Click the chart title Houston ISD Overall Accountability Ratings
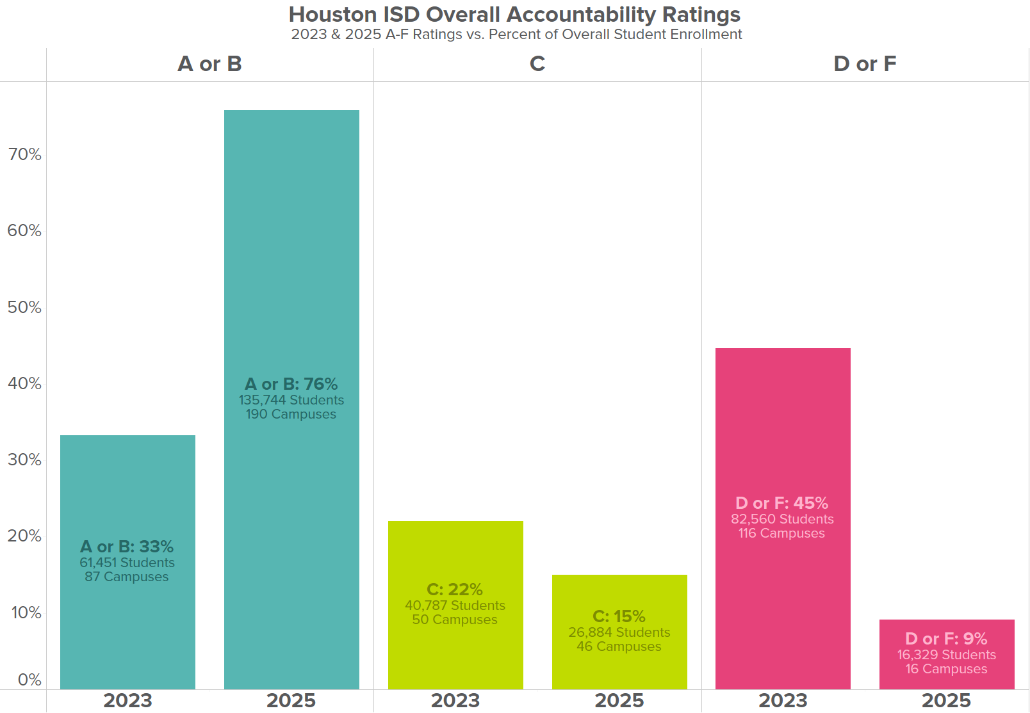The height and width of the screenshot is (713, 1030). pos(514,15)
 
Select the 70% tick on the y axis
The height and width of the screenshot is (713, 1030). pos(25,154)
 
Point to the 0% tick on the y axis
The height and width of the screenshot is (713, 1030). pos(29,680)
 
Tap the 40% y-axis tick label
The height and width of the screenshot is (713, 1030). pos(25,383)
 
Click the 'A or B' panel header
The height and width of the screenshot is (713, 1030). pos(209,64)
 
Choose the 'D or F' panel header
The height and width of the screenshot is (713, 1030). pos(865,64)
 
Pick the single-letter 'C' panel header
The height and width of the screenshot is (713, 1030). pos(537,64)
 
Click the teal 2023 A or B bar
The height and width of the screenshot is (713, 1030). pos(128,563)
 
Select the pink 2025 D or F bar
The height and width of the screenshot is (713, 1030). pos(947,655)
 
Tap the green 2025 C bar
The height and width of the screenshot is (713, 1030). pos(619,632)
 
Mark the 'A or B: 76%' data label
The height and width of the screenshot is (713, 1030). pos(291,383)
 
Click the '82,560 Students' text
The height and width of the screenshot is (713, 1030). pos(782,519)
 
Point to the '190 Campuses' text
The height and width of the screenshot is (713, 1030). pos(291,414)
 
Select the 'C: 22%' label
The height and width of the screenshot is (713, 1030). pos(455,589)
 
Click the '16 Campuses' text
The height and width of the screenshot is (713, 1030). pos(947,669)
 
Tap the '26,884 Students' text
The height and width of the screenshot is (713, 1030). pos(619,632)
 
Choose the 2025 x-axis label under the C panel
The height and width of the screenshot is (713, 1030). pos(619,701)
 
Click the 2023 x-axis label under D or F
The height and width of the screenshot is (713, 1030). pos(783,701)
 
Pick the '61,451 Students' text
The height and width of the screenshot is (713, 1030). pos(127,563)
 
